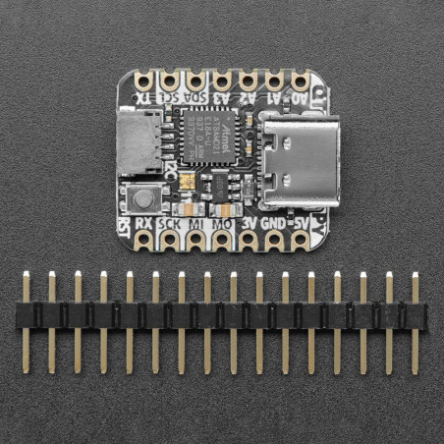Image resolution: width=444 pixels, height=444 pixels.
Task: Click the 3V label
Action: (249, 224)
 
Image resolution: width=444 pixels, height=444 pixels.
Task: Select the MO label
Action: (222, 224)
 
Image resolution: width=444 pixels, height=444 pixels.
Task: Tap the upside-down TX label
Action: (143, 97)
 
